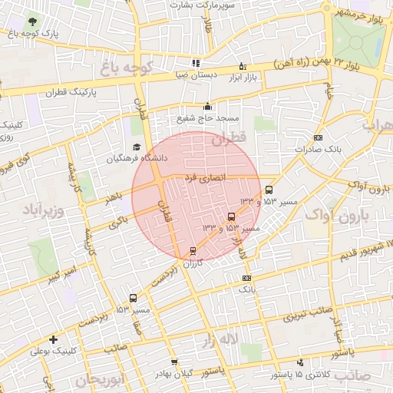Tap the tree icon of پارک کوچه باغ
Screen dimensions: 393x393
pyautogui.click(x=31, y=21)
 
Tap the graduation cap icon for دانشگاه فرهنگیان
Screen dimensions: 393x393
pyautogui.click(x=137, y=147)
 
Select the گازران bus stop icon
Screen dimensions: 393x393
pyautogui.click(x=193, y=250)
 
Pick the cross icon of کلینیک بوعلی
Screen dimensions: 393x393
pyautogui.click(x=52, y=339)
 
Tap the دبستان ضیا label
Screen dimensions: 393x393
pyautogui.click(x=196, y=75)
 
